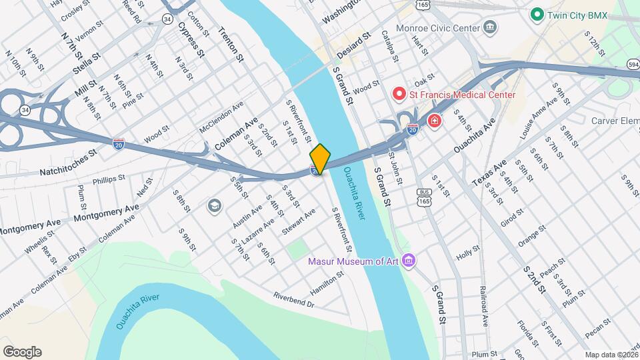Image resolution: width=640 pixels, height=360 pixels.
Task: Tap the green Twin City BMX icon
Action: tap(536, 14)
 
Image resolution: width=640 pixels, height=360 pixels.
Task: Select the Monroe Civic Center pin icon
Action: tap(491, 28)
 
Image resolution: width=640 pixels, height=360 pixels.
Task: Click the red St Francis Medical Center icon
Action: tap(399, 94)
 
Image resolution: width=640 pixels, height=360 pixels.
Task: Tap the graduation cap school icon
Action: tap(214, 205)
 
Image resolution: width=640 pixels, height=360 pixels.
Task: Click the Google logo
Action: tap(21, 352)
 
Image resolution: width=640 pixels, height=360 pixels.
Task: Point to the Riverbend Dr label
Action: tap(293, 299)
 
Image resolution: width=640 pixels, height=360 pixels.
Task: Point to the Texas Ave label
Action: tap(489, 172)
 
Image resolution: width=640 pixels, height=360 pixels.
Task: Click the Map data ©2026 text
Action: tap(611, 355)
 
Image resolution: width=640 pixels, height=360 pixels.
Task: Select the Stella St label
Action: tap(87, 55)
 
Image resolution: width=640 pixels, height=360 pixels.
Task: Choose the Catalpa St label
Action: tap(390, 45)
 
